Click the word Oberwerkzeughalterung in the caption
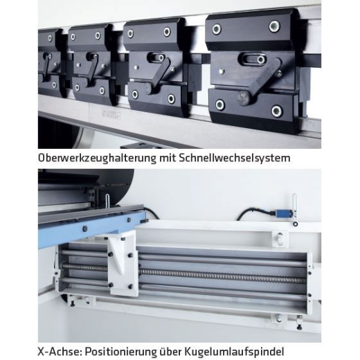click(97, 159)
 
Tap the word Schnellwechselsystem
click(234, 159)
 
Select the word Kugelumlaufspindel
click(234, 352)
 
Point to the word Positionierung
click(120, 352)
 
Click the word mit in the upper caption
click(168, 158)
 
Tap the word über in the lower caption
click(170, 352)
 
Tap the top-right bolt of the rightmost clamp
click(274, 26)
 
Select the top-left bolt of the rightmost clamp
click(217, 29)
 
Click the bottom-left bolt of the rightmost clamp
click(220, 105)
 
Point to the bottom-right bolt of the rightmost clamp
click(276, 111)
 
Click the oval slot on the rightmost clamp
click(253, 59)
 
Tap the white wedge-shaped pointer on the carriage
click(119, 253)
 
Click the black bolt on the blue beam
click(85, 228)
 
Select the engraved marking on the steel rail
click(111, 114)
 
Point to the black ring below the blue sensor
click(296, 224)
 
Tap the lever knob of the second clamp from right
click(149, 89)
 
